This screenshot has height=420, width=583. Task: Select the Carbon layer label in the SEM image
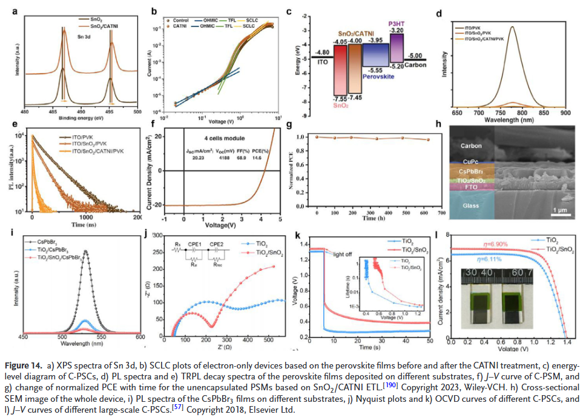pos(472,145)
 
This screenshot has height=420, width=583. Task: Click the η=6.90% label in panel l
pos(495,244)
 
